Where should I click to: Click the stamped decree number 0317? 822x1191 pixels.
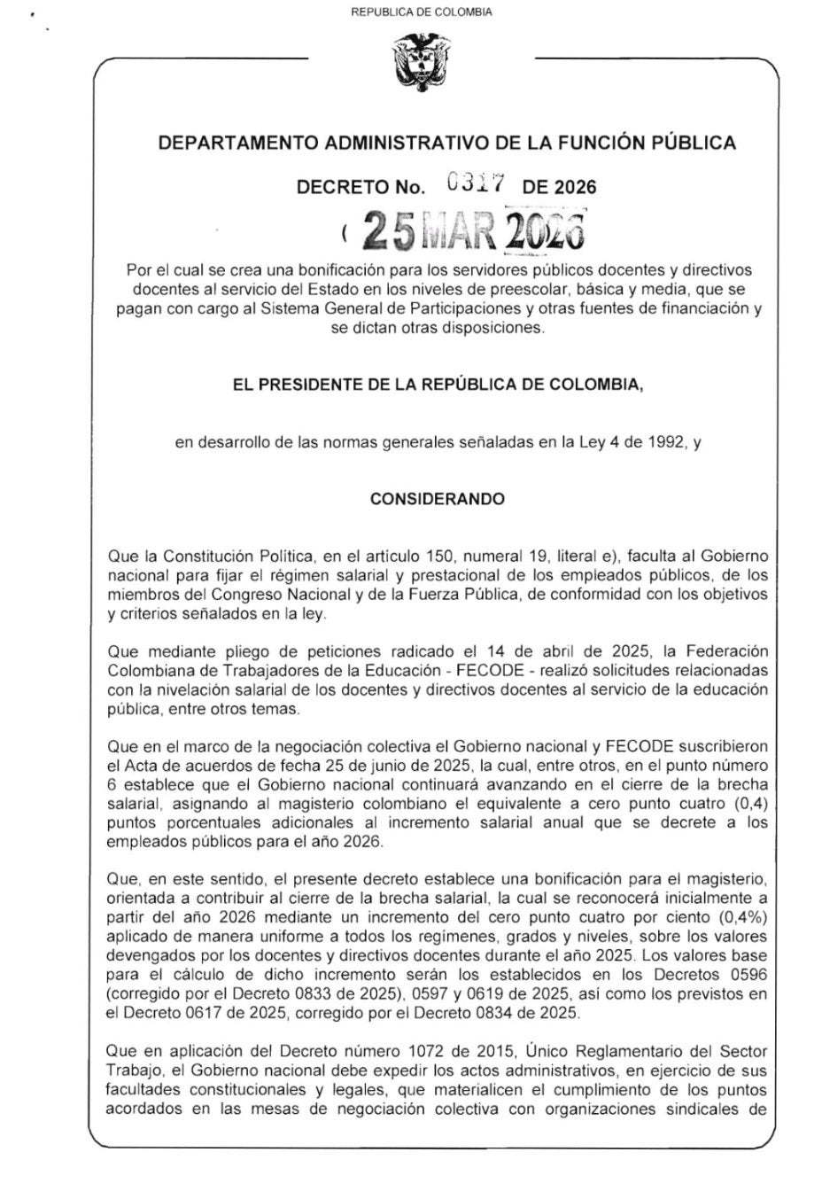(477, 183)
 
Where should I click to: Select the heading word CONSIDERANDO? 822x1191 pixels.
(438, 499)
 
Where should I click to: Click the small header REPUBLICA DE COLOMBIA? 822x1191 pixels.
(422, 12)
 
